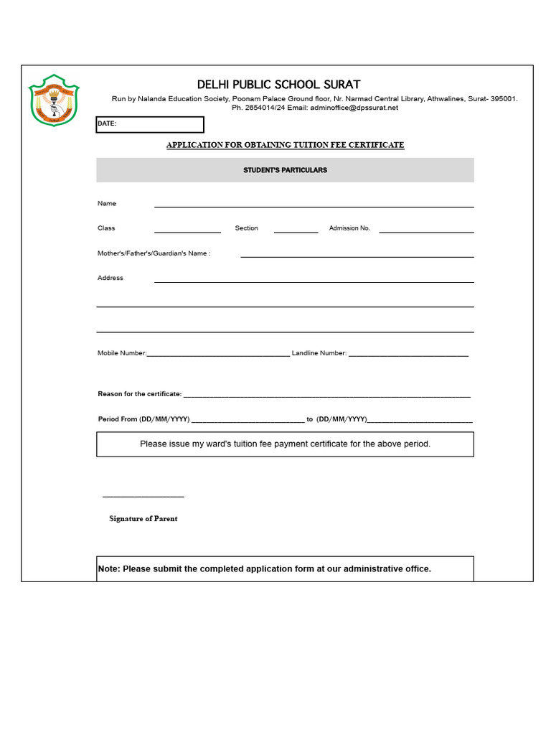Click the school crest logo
click(54, 100)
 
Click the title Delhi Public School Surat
click(278, 85)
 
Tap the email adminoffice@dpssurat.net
click(353, 108)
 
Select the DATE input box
click(150, 124)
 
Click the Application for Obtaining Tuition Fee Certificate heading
click(285, 145)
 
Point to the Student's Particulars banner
click(285, 170)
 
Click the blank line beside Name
click(314, 206)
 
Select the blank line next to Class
click(187, 231)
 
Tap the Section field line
click(296, 231)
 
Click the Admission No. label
click(349, 228)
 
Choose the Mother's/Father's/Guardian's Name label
click(154, 253)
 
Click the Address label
click(110, 278)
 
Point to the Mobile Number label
click(122, 353)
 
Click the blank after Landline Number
click(408, 355)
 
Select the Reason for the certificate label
click(140, 394)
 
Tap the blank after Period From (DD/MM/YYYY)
click(248, 421)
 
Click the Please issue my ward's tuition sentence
click(285, 444)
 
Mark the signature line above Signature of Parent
click(143, 496)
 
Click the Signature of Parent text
click(143, 519)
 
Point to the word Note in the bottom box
click(108, 569)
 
